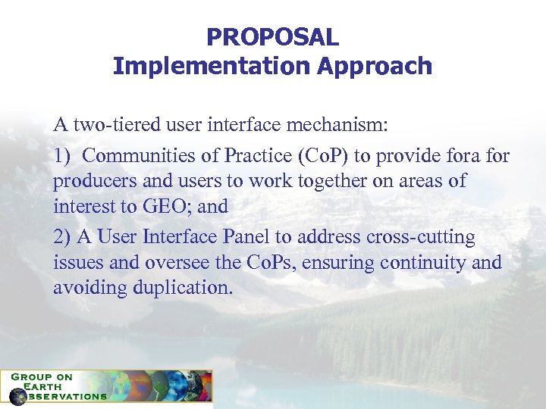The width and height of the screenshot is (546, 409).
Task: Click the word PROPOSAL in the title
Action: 272,36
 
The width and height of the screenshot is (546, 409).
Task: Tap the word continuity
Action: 423,263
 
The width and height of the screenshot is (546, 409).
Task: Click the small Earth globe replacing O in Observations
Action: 17,396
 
